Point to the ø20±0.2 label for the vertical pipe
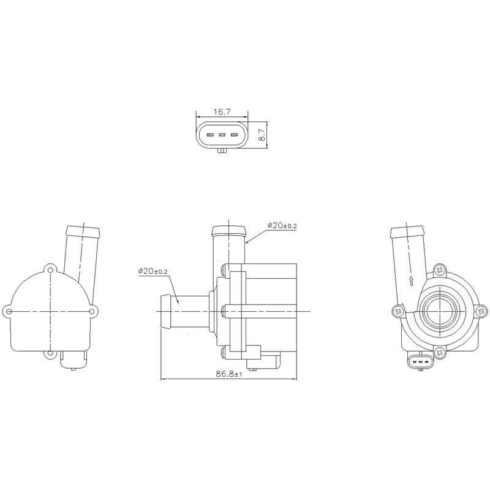click(282, 226)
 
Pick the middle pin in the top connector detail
click(222, 135)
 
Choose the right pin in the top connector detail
click(233, 135)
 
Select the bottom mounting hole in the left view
click(50, 354)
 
